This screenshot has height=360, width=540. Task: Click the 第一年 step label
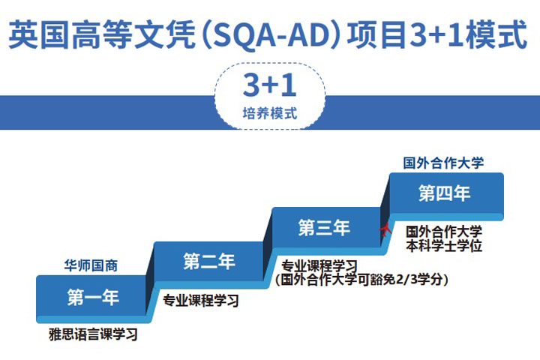click(93, 297)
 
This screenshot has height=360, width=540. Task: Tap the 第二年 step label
click(209, 262)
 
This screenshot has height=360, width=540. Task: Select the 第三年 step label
click(324, 228)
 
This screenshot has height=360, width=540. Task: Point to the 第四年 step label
click(444, 193)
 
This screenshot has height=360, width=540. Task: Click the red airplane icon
click(385, 229)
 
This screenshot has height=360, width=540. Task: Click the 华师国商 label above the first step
click(91, 265)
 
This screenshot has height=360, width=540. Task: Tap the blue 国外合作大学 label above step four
click(443, 163)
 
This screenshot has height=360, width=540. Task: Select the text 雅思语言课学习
click(93, 334)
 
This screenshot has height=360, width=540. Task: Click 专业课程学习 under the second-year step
click(201, 301)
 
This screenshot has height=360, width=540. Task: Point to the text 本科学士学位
click(444, 246)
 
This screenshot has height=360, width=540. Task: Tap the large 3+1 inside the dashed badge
click(270, 85)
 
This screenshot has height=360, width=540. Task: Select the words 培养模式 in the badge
click(270, 113)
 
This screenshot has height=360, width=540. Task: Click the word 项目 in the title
click(376, 34)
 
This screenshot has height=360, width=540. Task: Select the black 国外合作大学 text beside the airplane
click(444, 231)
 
